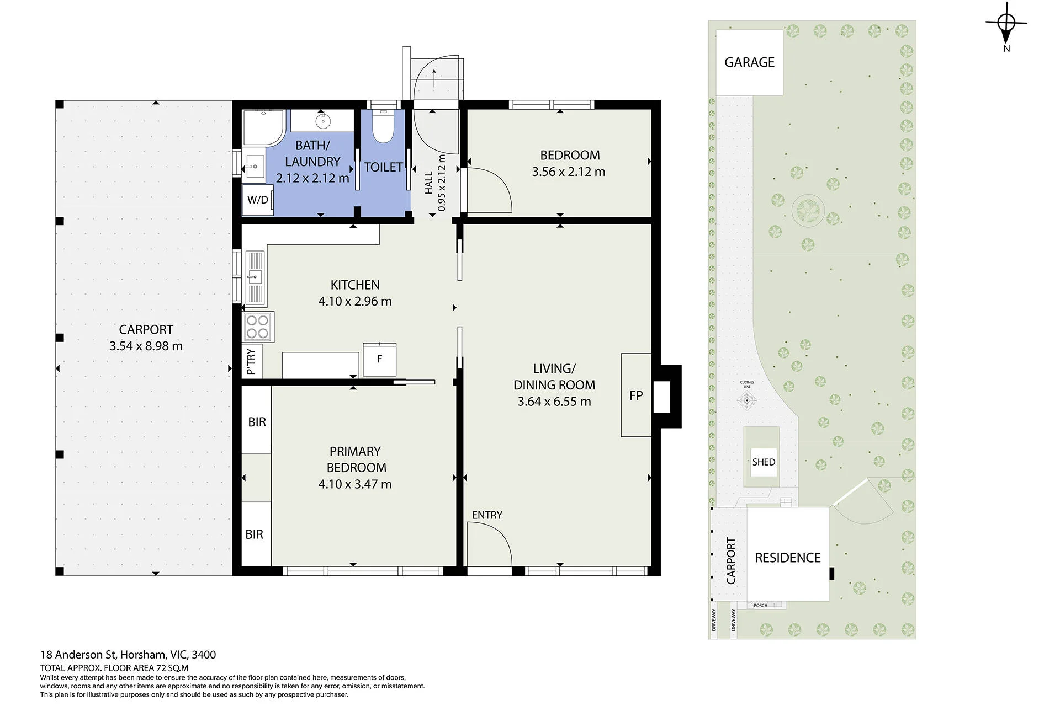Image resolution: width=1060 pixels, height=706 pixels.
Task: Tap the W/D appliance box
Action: pyautogui.click(x=258, y=200)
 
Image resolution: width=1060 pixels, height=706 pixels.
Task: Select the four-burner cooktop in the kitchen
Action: pyautogui.click(x=258, y=326)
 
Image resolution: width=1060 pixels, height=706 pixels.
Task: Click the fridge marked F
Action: pyautogui.click(x=380, y=359)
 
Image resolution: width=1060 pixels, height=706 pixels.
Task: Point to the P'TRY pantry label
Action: pyautogui.click(x=251, y=362)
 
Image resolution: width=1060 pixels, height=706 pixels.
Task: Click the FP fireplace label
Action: pyautogui.click(x=636, y=395)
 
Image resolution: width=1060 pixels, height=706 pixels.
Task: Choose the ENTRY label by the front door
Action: pyautogui.click(x=487, y=515)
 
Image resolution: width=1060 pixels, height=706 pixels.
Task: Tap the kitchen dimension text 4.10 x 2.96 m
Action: pyautogui.click(x=355, y=302)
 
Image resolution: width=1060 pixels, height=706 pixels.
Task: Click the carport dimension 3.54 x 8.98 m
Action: pyautogui.click(x=146, y=346)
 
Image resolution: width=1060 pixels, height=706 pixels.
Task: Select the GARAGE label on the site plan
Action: pyautogui.click(x=749, y=62)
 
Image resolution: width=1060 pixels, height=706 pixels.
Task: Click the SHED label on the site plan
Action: pyautogui.click(x=764, y=462)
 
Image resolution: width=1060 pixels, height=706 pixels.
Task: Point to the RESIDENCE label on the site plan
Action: pyautogui.click(x=788, y=558)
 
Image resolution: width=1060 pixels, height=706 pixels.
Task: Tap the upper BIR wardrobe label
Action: pyautogui.click(x=257, y=422)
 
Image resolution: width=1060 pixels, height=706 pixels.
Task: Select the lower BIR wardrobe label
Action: pyautogui.click(x=255, y=534)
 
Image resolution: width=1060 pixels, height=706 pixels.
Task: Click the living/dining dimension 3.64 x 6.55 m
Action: pyautogui.click(x=554, y=402)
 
